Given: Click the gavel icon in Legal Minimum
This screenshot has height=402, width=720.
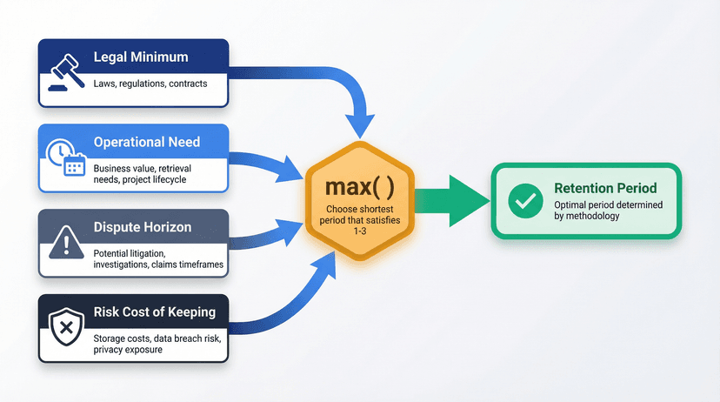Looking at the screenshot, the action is point(67,72).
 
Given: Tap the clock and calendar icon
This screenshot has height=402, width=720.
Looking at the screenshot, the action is point(66,157).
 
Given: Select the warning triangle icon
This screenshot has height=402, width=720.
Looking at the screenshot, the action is point(66,242).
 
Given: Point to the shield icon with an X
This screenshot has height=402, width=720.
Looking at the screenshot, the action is point(67,326).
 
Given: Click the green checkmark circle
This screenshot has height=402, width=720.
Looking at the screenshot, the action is point(526,201).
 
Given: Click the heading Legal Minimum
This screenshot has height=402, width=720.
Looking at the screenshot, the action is point(141,57).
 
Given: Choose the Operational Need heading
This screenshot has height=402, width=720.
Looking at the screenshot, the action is point(147,142).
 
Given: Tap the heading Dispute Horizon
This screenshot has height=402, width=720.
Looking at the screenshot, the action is point(143,227).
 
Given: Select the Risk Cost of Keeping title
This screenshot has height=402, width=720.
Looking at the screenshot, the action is point(155,312).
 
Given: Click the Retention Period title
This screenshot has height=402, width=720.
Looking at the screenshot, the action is point(605,188).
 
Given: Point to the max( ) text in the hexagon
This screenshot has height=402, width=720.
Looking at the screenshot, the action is point(359,186).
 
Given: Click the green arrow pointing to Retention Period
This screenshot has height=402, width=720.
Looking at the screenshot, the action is point(451,201).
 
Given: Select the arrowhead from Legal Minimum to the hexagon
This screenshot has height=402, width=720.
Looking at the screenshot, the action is point(360,125).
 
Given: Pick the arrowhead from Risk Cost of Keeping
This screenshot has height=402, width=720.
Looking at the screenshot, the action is point(326,265).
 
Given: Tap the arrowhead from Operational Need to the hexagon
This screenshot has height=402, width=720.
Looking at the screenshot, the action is point(290,170).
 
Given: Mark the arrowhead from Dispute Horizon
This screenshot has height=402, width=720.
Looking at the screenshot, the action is point(290,231).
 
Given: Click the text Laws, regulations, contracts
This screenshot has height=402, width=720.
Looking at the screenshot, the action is point(150,84).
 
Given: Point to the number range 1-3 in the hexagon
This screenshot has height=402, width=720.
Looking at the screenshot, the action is point(359,231).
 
